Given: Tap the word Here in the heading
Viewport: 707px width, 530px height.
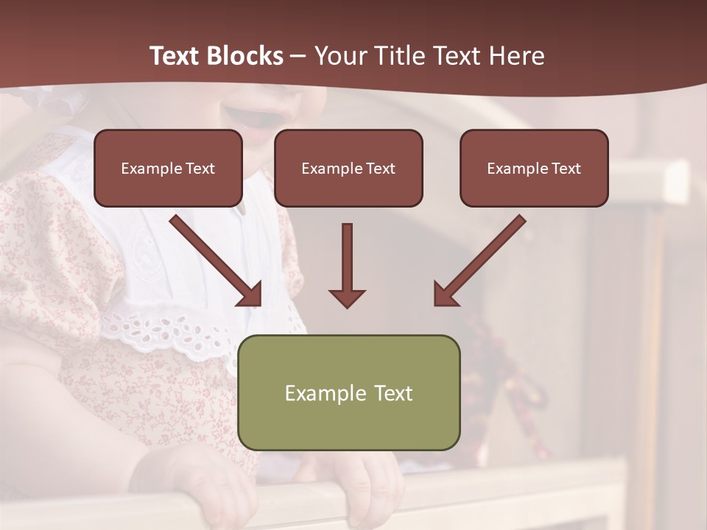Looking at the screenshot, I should pyautogui.click(x=516, y=56).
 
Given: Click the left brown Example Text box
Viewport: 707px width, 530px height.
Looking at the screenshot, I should pyautogui.click(x=168, y=169).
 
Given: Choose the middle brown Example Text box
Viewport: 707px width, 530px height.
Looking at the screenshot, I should pyautogui.click(x=348, y=169).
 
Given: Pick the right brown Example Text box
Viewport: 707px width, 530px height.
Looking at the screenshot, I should pyautogui.click(x=534, y=169).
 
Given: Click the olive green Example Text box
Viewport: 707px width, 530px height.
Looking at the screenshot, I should pyautogui.click(x=348, y=392).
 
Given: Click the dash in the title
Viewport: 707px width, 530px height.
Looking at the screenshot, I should pyautogui.click(x=298, y=56).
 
